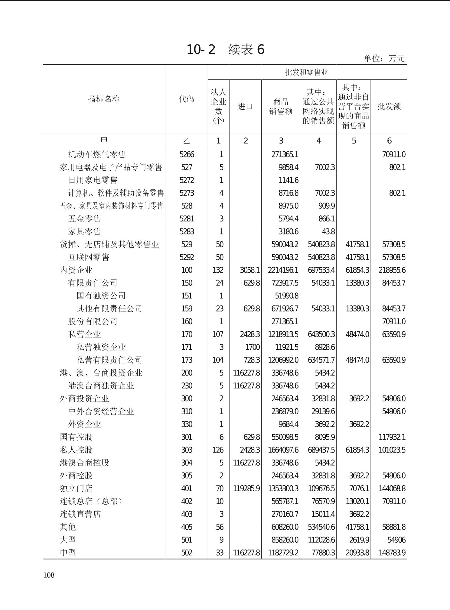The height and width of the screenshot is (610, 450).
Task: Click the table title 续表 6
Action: coord(225,50)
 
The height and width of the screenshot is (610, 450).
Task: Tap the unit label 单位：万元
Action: coord(384,58)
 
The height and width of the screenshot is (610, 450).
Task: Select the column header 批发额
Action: coord(389,106)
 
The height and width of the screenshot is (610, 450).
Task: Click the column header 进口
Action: coord(245,106)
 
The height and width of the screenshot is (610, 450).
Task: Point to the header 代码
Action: coord(186,99)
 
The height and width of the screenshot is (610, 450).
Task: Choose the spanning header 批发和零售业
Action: coord(307,72)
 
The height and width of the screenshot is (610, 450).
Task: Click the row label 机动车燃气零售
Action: coord(97,155)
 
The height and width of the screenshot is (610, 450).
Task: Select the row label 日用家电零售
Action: coord(93,180)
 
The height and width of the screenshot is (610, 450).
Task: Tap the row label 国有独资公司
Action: coord(101,296)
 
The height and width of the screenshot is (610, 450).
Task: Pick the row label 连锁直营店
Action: coord(80,514)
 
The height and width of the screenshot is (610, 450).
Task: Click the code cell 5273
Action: coord(187,193)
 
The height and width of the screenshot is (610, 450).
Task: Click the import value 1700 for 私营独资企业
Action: coord(252,347)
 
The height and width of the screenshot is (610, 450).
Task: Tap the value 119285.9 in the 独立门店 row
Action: coord(246,489)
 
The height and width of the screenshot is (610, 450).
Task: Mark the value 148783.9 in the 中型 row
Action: coord(392,553)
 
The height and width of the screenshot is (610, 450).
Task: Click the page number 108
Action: coord(49,575)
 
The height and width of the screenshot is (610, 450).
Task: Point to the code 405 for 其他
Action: coord(187,527)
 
